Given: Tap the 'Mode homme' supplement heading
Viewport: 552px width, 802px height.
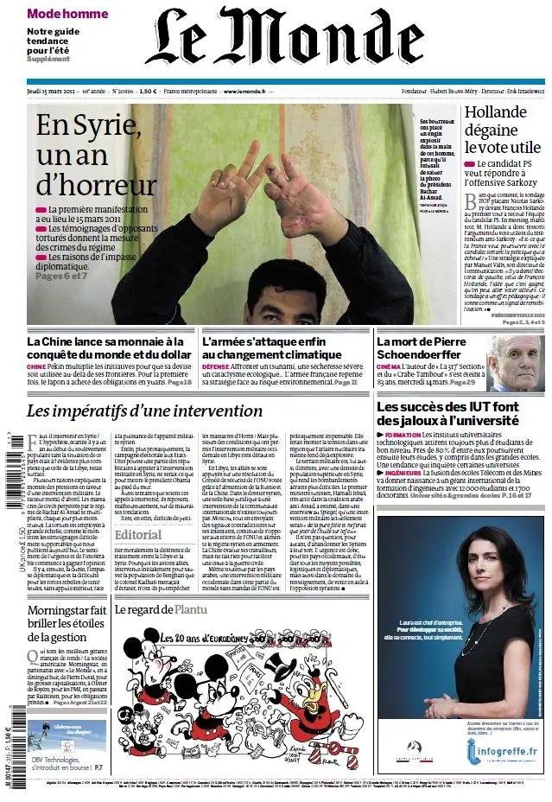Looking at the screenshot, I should [x=67, y=14].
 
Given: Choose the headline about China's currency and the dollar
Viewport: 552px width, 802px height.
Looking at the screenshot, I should [x=109, y=347].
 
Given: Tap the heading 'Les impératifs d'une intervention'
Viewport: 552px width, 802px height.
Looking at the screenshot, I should [x=144, y=411].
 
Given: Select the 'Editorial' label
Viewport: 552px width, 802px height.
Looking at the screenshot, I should [x=138, y=534].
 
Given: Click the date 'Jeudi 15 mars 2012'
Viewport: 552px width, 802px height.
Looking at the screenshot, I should [x=54, y=91].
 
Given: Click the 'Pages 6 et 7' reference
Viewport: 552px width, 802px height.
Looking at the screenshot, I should [x=61, y=276].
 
